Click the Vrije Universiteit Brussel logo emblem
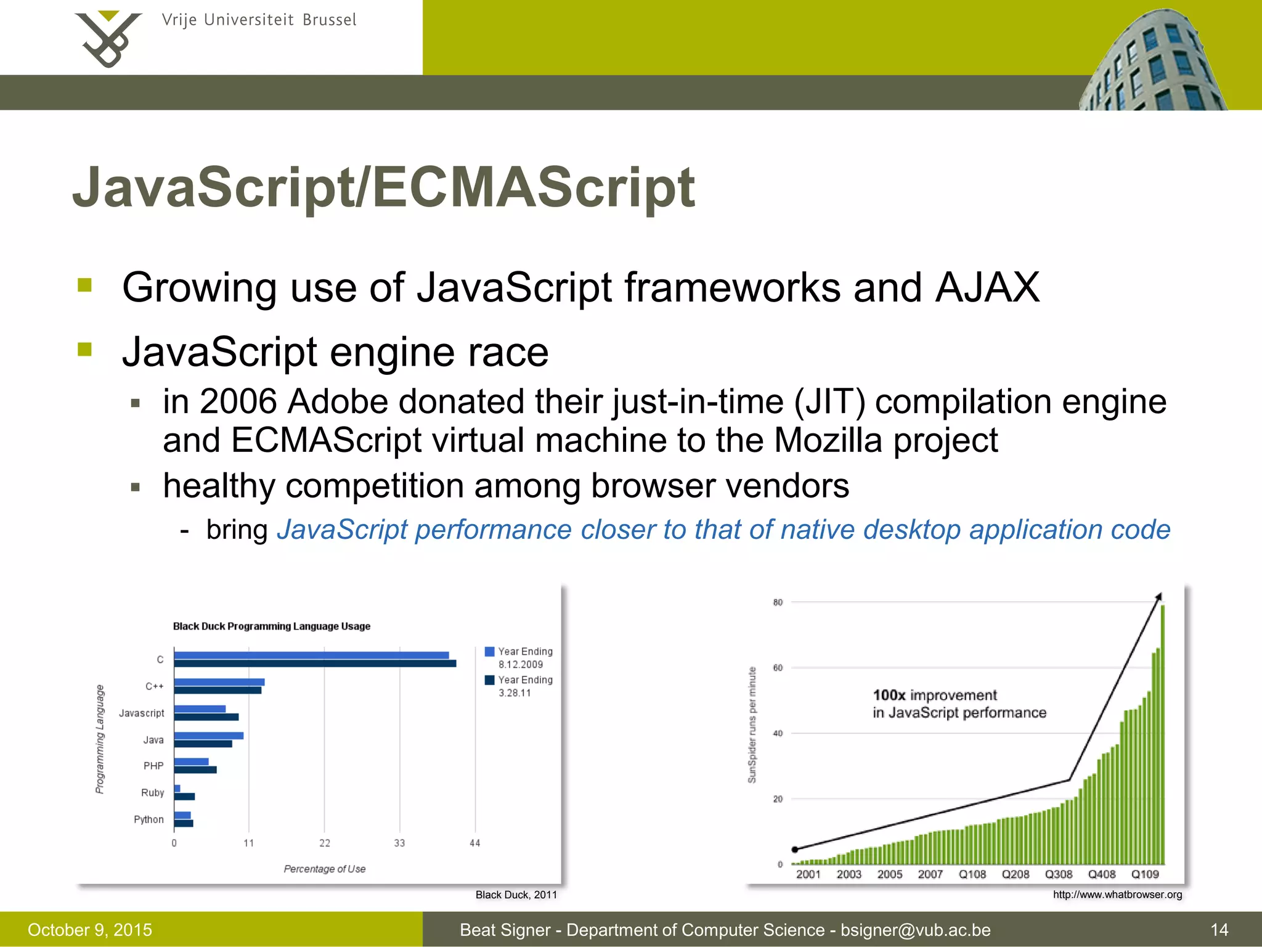(x=107, y=38)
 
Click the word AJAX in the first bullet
(x=987, y=288)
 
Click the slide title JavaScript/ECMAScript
(x=383, y=187)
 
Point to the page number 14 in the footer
(x=1219, y=930)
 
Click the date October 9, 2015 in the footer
(x=90, y=930)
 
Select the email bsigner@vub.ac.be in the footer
(x=915, y=930)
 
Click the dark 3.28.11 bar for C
(x=315, y=663)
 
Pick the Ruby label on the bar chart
(x=152, y=793)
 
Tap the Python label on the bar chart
(x=149, y=819)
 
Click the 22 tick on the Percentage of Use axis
(x=325, y=843)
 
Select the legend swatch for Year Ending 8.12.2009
(x=490, y=652)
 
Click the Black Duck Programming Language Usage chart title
(x=272, y=626)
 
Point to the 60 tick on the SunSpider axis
(x=778, y=668)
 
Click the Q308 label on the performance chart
(x=1059, y=874)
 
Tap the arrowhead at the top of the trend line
(x=1159, y=596)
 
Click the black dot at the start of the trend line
(x=795, y=850)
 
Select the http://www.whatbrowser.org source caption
(x=1117, y=895)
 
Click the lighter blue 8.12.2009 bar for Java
(x=209, y=736)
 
